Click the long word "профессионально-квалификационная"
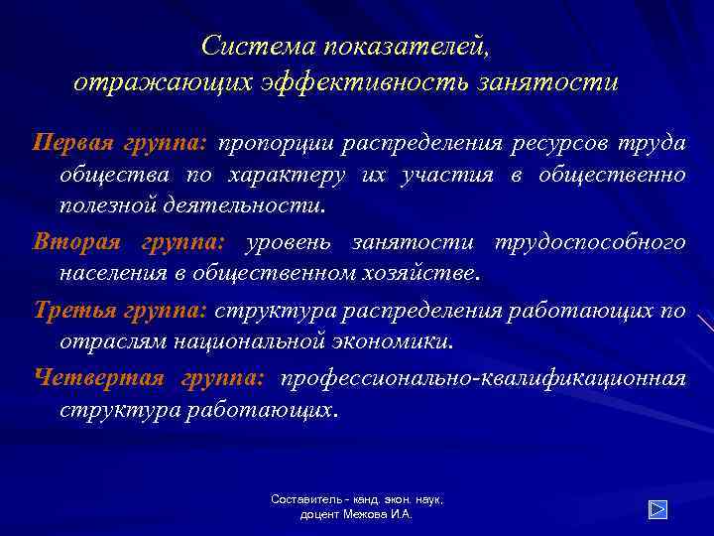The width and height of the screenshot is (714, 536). [483, 378]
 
